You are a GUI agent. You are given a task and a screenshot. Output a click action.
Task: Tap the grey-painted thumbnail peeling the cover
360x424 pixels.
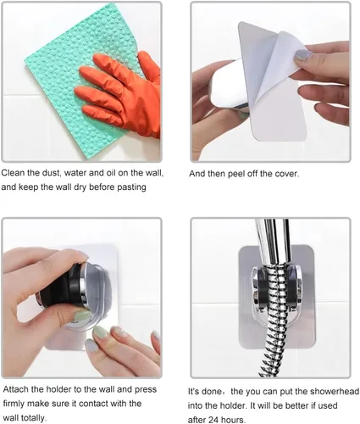click(x=302, y=55)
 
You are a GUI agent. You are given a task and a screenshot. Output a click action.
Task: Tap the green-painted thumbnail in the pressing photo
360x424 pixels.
click(x=82, y=315)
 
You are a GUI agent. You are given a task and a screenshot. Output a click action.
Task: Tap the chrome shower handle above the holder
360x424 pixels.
click(x=273, y=243)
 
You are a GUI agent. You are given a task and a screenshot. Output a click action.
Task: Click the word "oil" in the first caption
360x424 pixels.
click(x=111, y=173)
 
